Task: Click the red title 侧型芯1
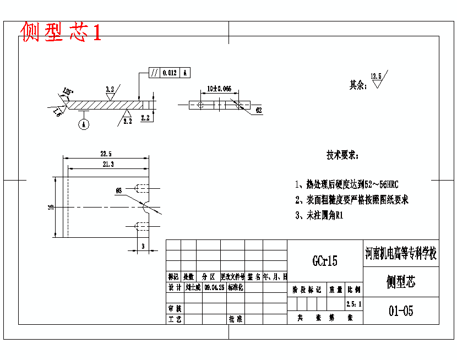pyautogui.click(x=61, y=32)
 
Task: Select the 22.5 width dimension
pyautogui.click(x=106, y=154)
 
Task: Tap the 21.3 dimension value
pyautogui.click(x=108, y=164)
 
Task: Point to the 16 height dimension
pyautogui.click(x=51, y=207)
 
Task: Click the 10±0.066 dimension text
pyautogui.click(x=219, y=88)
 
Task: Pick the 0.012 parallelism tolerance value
pyautogui.click(x=170, y=72)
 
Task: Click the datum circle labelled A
pyautogui.click(x=84, y=125)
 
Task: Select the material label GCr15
pyautogui.click(x=325, y=261)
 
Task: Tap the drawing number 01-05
pyautogui.click(x=401, y=311)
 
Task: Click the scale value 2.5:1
pyautogui.click(x=354, y=303)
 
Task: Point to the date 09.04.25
pyautogui.click(x=214, y=287)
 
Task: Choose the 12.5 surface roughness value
pyautogui.click(x=376, y=77)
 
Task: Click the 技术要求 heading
pyautogui.click(x=342, y=155)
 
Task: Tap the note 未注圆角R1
pyautogui.click(x=319, y=216)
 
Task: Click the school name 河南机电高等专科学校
pyautogui.click(x=401, y=254)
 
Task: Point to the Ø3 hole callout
pyautogui.click(x=118, y=190)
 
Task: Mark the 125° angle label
pyautogui.click(x=68, y=91)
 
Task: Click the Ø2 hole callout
pyautogui.click(x=258, y=111)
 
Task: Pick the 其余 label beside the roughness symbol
pyautogui.click(x=357, y=85)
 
